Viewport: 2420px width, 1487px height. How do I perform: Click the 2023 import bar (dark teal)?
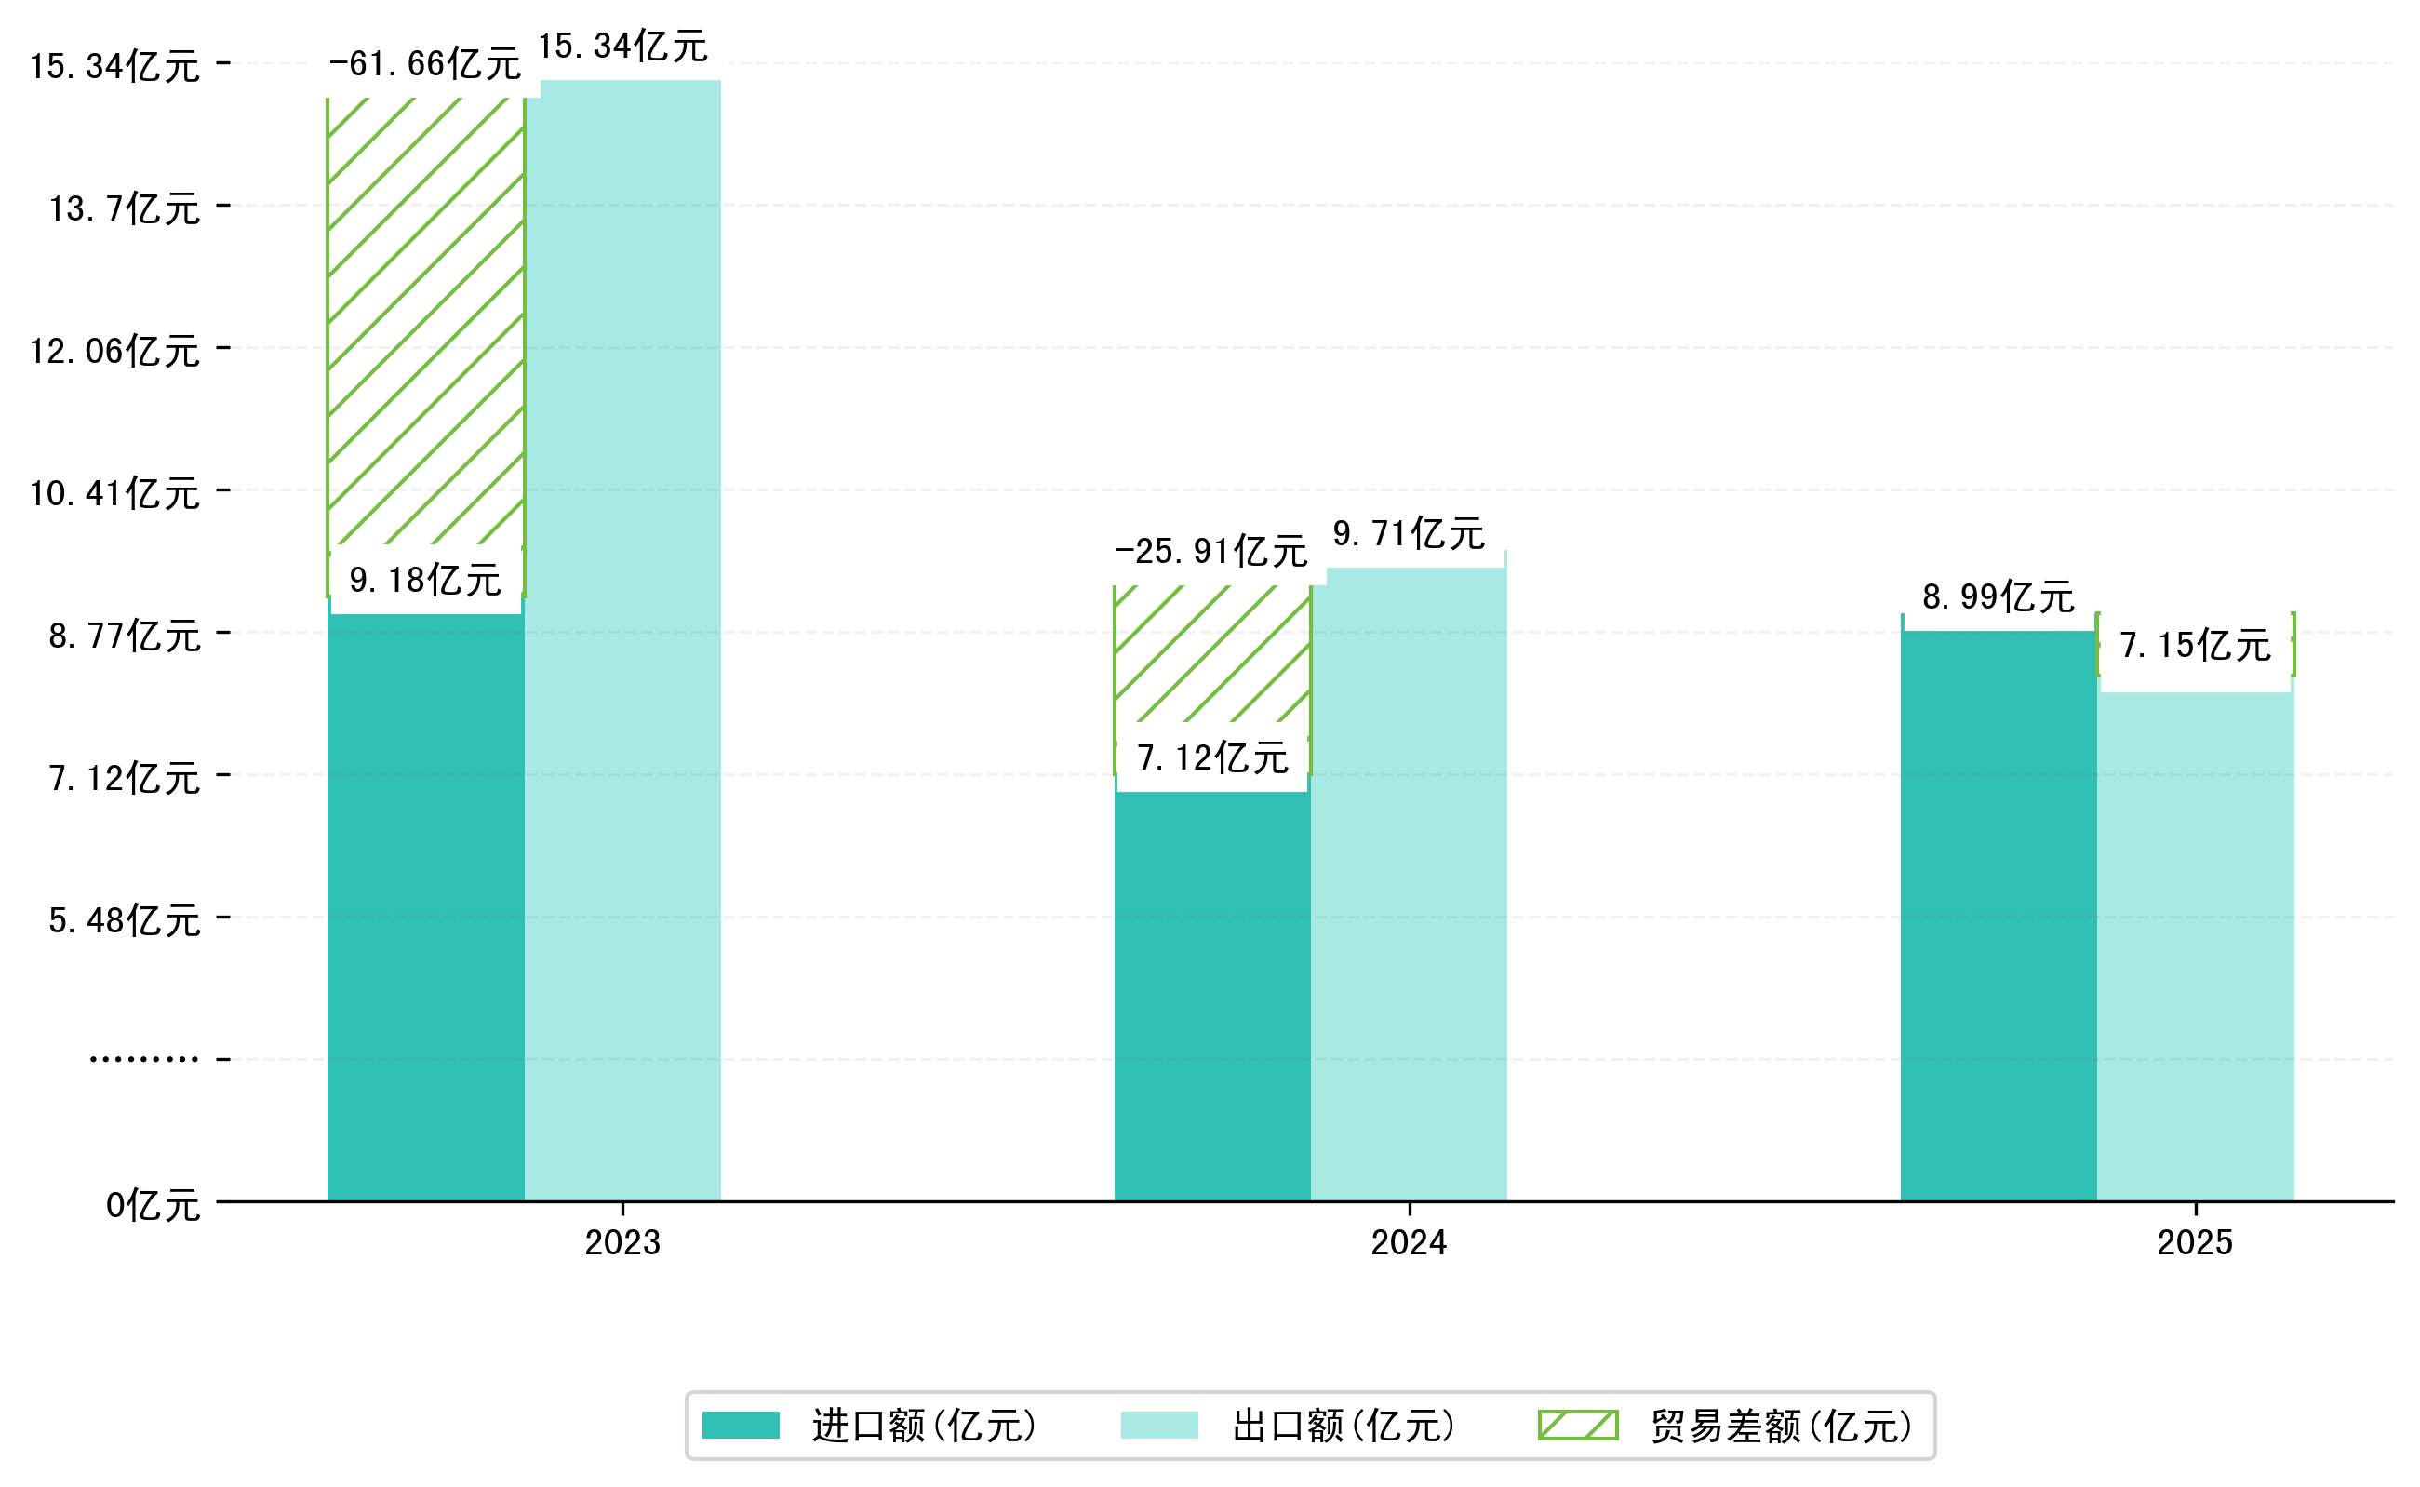[426, 904]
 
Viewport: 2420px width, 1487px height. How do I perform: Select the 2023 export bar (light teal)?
[622, 639]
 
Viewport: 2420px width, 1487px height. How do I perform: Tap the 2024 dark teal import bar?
[1211, 993]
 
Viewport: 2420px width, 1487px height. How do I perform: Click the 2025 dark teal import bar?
[1999, 915]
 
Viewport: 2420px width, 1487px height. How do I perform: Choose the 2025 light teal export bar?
[2195, 944]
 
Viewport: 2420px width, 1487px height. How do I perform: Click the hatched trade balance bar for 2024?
[1211, 654]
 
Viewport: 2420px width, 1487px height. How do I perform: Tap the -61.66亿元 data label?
[425, 65]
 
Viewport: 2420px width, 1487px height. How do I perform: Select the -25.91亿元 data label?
[1210, 552]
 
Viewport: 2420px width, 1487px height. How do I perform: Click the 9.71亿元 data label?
[1408, 534]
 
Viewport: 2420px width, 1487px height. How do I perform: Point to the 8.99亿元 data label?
[1999, 597]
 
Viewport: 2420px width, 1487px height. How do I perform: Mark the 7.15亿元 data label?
[2195, 646]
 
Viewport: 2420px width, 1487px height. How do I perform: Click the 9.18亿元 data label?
[426, 581]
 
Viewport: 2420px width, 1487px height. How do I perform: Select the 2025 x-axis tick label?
[2195, 1243]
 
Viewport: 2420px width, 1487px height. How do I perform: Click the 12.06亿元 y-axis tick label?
[115, 351]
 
